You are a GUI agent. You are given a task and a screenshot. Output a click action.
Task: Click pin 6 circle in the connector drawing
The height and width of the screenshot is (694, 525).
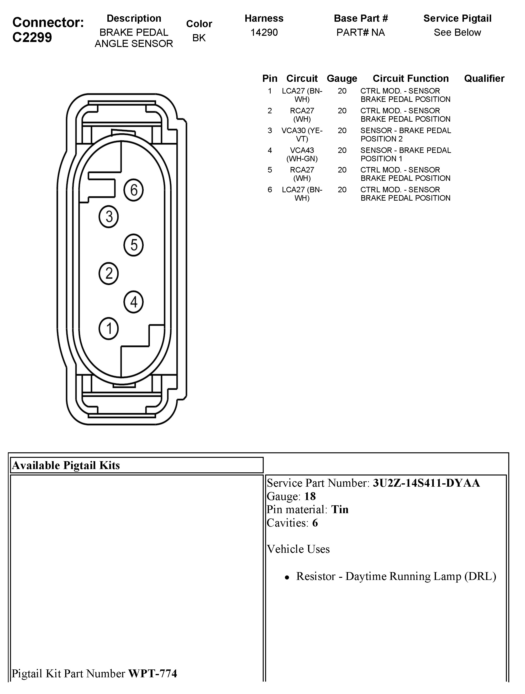(x=134, y=190)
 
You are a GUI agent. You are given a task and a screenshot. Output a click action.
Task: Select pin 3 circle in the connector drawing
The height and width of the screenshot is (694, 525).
(x=109, y=216)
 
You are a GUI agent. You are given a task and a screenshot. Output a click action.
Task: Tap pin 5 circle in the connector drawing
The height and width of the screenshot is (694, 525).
(x=134, y=245)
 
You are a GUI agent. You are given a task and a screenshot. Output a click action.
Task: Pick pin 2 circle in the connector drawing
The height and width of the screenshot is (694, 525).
(x=109, y=273)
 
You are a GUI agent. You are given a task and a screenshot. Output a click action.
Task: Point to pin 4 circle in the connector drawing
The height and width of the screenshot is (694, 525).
(x=134, y=302)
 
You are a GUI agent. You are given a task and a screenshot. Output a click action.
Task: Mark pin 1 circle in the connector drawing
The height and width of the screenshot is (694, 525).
(x=109, y=329)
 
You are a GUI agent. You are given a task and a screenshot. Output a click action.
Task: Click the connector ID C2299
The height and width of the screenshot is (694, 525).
(x=32, y=37)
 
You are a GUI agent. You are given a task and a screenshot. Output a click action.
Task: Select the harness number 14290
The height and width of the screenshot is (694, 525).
(x=264, y=32)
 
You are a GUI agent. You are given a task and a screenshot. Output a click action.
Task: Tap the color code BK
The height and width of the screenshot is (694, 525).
(x=199, y=38)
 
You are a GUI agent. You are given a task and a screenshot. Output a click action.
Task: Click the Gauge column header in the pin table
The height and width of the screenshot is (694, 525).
(x=342, y=78)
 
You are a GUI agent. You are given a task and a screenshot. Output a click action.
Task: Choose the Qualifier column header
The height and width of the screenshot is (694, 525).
(x=484, y=78)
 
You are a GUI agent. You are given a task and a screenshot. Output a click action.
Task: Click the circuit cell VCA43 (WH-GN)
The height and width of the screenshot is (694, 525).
(x=302, y=154)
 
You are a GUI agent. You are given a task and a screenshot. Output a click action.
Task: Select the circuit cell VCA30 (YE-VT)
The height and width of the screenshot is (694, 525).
(x=302, y=135)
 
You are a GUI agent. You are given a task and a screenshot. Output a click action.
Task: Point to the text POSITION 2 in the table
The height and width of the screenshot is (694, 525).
(x=381, y=139)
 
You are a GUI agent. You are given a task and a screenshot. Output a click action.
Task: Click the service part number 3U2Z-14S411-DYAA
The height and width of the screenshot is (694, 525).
(x=426, y=483)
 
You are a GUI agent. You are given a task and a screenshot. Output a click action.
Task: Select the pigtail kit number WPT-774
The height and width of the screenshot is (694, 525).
(x=153, y=673)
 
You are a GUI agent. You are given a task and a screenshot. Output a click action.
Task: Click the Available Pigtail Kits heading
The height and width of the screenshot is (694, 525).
(x=66, y=465)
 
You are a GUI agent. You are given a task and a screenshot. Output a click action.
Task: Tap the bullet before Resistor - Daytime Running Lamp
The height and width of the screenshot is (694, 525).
(x=287, y=577)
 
